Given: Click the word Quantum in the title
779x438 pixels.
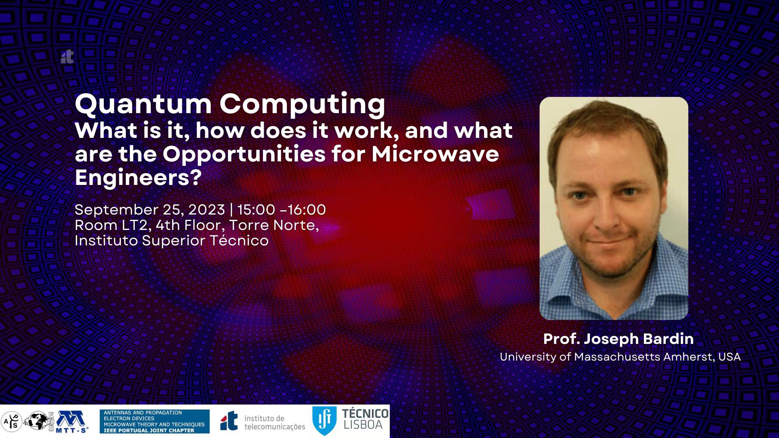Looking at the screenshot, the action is click(144, 105).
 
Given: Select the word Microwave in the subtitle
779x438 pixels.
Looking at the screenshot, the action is click(435, 154).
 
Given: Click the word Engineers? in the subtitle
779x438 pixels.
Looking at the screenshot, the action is click(138, 178).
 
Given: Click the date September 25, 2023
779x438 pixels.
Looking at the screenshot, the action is click(150, 210).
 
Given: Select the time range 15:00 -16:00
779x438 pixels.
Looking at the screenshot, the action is click(282, 210).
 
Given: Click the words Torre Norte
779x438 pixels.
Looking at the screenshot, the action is click(274, 225).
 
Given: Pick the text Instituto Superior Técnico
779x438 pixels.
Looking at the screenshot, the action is click(172, 240).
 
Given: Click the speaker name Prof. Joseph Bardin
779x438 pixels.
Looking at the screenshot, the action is click(618, 339).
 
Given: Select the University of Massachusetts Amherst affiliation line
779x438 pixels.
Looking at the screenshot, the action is click(620, 357).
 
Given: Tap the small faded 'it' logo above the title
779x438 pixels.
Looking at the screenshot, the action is click(67, 57).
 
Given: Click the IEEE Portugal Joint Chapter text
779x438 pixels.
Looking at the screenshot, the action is click(149, 431).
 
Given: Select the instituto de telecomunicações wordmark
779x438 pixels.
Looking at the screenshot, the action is click(275, 423).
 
